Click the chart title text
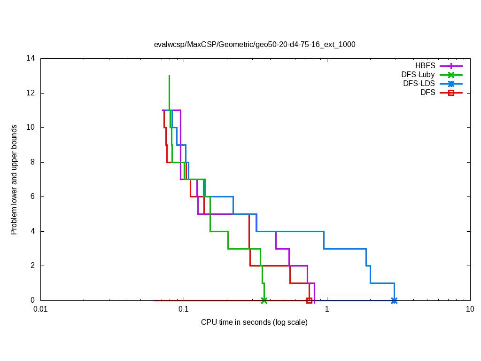coord(255,45)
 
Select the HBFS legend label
coord(425,65)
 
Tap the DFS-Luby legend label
coord(418,74)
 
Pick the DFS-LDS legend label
coord(419,84)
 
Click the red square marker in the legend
coord(451,93)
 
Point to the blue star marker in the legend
coord(451,84)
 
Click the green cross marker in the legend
coord(451,75)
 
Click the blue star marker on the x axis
coord(394,300)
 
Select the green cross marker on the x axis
coord(264,300)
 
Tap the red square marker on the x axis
coord(309,300)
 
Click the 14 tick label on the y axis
coord(31,59)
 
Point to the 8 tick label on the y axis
coord(32,162)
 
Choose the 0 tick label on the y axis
coord(32,300)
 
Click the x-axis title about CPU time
coord(254,322)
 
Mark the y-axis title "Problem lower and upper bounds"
coord(14,180)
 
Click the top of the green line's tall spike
coord(169,76)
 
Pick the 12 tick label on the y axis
coord(31,93)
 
